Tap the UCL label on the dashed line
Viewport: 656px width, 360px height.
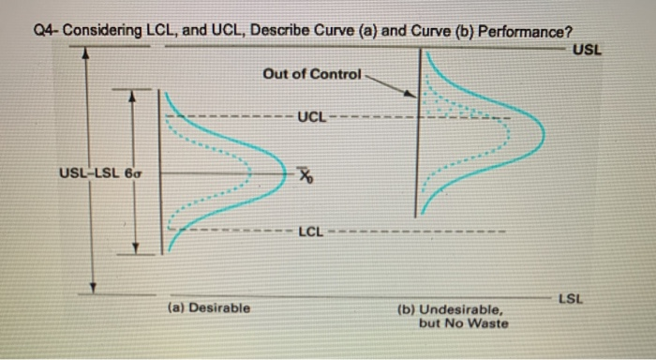point(311,117)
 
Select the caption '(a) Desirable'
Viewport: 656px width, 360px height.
point(208,307)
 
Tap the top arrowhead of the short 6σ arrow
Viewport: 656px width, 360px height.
point(133,95)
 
